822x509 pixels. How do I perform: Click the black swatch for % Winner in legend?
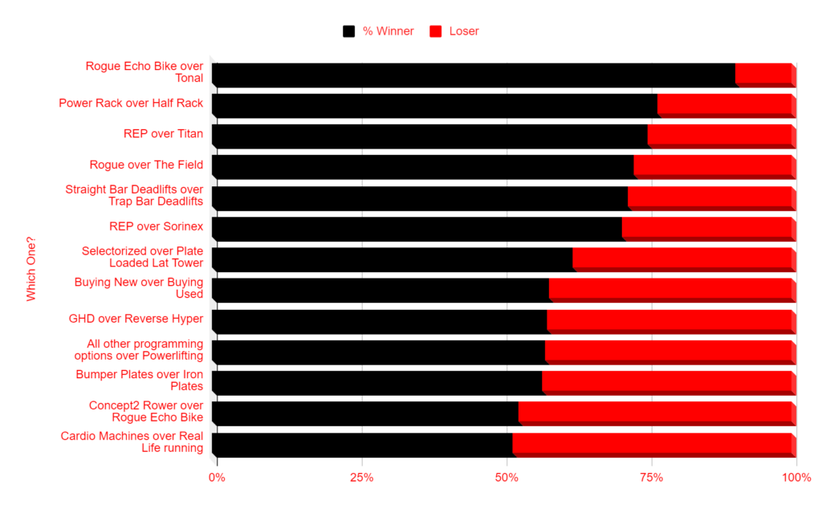point(348,31)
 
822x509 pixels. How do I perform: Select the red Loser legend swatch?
point(437,31)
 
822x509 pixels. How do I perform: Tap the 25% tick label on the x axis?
point(362,478)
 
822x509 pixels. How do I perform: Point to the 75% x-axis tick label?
point(651,478)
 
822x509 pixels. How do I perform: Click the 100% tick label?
point(796,478)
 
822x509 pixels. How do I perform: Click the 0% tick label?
point(217,478)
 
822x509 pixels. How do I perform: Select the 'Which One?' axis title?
point(31,268)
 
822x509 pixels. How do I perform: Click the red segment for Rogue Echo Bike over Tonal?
point(763,74)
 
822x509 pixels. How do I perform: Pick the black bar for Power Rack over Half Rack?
point(434,104)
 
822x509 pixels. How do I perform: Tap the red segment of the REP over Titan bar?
point(719,135)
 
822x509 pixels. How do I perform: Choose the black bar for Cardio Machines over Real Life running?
point(362,444)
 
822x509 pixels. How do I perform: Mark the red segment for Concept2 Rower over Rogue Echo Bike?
point(655,413)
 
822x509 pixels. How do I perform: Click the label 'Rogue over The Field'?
point(146,165)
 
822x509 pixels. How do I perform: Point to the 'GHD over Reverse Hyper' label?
point(136,319)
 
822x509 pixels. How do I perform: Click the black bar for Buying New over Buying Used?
point(380,289)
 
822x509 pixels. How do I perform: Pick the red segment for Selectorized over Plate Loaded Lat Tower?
point(682,259)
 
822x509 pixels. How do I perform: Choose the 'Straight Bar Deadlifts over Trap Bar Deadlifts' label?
point(134,195)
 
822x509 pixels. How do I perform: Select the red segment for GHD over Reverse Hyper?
point(669,320)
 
